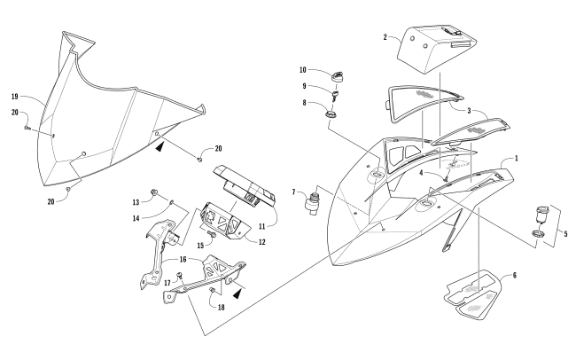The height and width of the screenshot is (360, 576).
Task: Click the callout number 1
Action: pyautogui.click(x=517, y=159)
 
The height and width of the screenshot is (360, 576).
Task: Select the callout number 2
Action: pyautogui.click(x=385, y=37)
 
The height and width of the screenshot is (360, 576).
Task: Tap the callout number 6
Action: pyautogui.click(x=514, y=275)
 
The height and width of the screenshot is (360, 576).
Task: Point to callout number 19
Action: pyautogui.click(x=15, y=97)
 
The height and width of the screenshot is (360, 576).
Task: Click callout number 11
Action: pyautogui.click(x=261, y=227)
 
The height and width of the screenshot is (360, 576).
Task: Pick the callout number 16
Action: pyautogui.click(x=183, y=259)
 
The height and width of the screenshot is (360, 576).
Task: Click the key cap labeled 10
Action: pyautogui.click(x=337, y=77)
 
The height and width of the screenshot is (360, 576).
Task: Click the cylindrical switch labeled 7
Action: pyautogui.click(x=312, y=201)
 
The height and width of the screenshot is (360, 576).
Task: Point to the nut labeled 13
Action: pyautogui.click(x=155, y=192)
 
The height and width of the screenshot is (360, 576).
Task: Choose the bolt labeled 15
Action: pyautogui.click(x=212, y=233)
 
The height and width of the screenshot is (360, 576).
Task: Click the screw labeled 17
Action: pyautogui.click(x=180, y=275)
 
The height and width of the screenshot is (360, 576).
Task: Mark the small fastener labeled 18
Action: pyautogui.click(x=213, y=291)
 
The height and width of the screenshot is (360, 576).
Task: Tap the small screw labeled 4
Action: pyautogui.click(x=446, y=179)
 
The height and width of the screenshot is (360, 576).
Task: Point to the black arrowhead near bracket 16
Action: pyautogui.click(x=237, y=293)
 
